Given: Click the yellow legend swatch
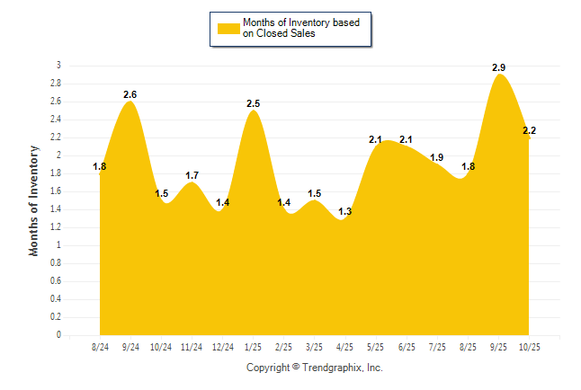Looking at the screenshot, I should [x=228, y=28].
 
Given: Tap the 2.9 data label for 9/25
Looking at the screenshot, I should [x=499, y=67].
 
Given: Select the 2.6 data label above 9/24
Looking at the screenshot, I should [x=130, y=94].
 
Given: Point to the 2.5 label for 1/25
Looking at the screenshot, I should [x=254, y=103].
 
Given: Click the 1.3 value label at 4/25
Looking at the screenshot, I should [x=345, y=211].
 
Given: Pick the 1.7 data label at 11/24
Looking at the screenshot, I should [x=192, y=175].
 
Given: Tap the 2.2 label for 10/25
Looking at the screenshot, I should [x=530, y=131].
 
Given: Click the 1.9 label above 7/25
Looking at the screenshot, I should [x=437, y=158].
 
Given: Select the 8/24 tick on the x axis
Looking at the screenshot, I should [x=100, y=346].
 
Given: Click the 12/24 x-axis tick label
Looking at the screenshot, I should [x=222, y=346].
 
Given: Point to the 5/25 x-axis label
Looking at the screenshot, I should [x=376, y=346].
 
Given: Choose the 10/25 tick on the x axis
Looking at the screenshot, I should [x=529, y=346].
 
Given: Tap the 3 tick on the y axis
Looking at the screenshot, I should [x=58, y=66].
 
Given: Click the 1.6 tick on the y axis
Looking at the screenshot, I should [x=56, y=191].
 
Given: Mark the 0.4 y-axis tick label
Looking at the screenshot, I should [x=56, y=299].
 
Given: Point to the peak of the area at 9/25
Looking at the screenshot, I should [x=500, y=75].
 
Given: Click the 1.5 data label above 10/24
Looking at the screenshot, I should [x=162, y=193].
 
